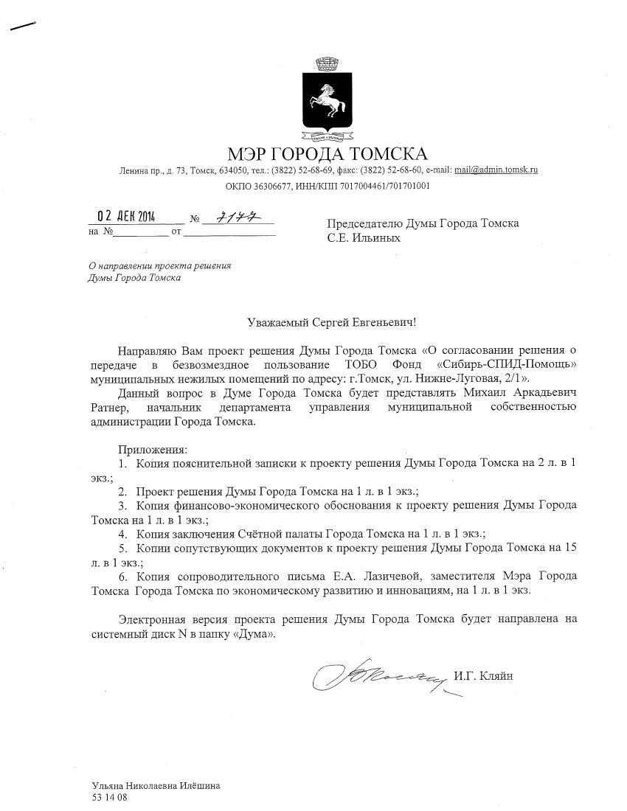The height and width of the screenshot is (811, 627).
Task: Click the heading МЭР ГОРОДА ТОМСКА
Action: pyautogui.click(x=328, y=154)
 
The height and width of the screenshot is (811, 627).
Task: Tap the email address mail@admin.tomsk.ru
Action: pyautogui.click(x=496, y=170)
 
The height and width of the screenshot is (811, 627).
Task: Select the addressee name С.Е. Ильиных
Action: pyautogui.click(x=364, y=237)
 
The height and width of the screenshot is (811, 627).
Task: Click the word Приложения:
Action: pyautogui.click(x=153, y=449)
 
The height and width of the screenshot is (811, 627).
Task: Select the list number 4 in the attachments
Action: pyautogui.click(x=122, y=534)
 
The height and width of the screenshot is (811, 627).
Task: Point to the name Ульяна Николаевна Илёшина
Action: pyautogui.click(x=156, y=786)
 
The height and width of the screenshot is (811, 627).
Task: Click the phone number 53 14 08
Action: pyautogui.click(x=109, y=797)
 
